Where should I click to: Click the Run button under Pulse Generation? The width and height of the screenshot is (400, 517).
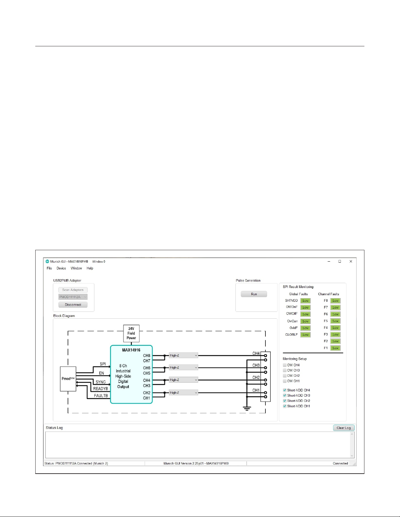pyautogui.click(x=254, y=294)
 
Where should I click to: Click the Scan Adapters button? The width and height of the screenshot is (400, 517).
pyautogui.click(x=73, y=290)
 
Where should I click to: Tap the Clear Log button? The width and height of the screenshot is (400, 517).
pyautogui.click(x=344, y=428)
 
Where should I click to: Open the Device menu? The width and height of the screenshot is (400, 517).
pyautogui.click(x=61, y=268)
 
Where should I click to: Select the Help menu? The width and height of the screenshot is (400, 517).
pyautogui.click(x=90, y=268)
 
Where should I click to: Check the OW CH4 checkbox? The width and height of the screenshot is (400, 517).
pyautogui.click(x=284, y=365)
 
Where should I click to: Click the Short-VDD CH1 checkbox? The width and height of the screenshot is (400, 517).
pyautogui.click(x=284, y=406)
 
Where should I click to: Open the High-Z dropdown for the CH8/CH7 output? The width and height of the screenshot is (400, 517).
pyautogui.click(x=183, y=356)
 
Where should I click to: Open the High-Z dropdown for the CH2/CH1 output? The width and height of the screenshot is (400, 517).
pyautogui.click(x=183, y=393)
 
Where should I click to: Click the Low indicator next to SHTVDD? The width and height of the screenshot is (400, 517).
pyautogui.click(x=305, y=301)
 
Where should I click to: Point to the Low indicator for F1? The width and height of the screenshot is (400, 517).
pyautogui.click(x=335, y=348)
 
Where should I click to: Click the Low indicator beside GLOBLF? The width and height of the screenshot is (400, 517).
pyautogui.click(x=305, y=335)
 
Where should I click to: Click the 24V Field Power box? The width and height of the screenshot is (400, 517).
pyautogui.click(x=131, y=333)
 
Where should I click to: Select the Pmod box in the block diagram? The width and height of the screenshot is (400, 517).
pyautogui.click(x=68, y=379)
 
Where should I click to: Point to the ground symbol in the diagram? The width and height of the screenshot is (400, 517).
pyautogui.click(x=247, y=409)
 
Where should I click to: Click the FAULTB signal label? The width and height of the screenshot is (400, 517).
pyautogui.click(x=101, y=396)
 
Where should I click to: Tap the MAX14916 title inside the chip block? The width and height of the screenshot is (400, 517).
pyautogui.click(x=131, y=350)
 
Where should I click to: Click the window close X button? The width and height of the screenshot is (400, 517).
pyautogui.click(x=351, y=261)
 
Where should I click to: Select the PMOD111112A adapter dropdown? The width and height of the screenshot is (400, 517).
pyautogui.click(x=73, y=297)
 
